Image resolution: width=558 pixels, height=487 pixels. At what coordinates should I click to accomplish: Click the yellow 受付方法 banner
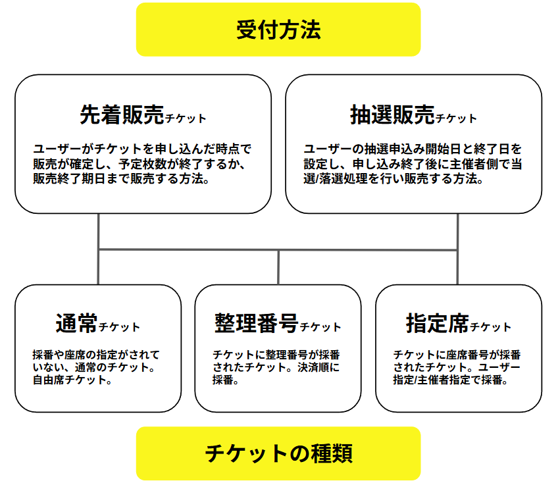pyautogui.click(x=278, y=30)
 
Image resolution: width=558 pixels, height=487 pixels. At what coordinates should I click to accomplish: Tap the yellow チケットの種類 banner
pyautogui.click(x=278, y=453)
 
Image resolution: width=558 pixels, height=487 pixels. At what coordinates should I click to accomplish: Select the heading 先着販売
pyautogui.click(x=122, y=115)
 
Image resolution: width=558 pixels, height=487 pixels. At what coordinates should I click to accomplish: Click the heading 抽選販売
pyautogui.click(x=393, y=115)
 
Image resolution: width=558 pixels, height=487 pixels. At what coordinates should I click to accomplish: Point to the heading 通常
pyautogui.click(x=76, y=323)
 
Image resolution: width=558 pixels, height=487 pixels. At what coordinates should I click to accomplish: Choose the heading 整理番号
pyautogui.click(x=256, y=323)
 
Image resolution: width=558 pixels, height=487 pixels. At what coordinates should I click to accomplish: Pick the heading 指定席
pyautogui.click(x=438, y=323)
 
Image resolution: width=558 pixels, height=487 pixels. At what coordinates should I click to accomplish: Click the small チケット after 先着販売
pyautogui.click(x=186, y=118)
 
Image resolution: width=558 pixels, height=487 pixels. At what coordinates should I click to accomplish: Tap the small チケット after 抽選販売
pyautogui.click(x=456, y=118)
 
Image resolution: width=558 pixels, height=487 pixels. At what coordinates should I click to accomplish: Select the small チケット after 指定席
pyautogui.click(x=491, y=327)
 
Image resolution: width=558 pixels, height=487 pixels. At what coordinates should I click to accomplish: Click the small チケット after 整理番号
pyautogui.click(x=320, y=327)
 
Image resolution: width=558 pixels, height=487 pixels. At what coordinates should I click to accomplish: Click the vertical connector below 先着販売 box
pyautogui.click(x=98, y=249)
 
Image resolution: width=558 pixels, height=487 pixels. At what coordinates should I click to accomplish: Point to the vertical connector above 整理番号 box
pyautogui.click(x=278, y=267)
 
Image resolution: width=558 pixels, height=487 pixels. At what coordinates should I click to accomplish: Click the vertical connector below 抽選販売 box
pyautogui.click(x=457, y=249)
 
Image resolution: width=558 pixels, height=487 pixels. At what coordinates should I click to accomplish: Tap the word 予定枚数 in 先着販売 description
pyautogui.click(x=142, y=164)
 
